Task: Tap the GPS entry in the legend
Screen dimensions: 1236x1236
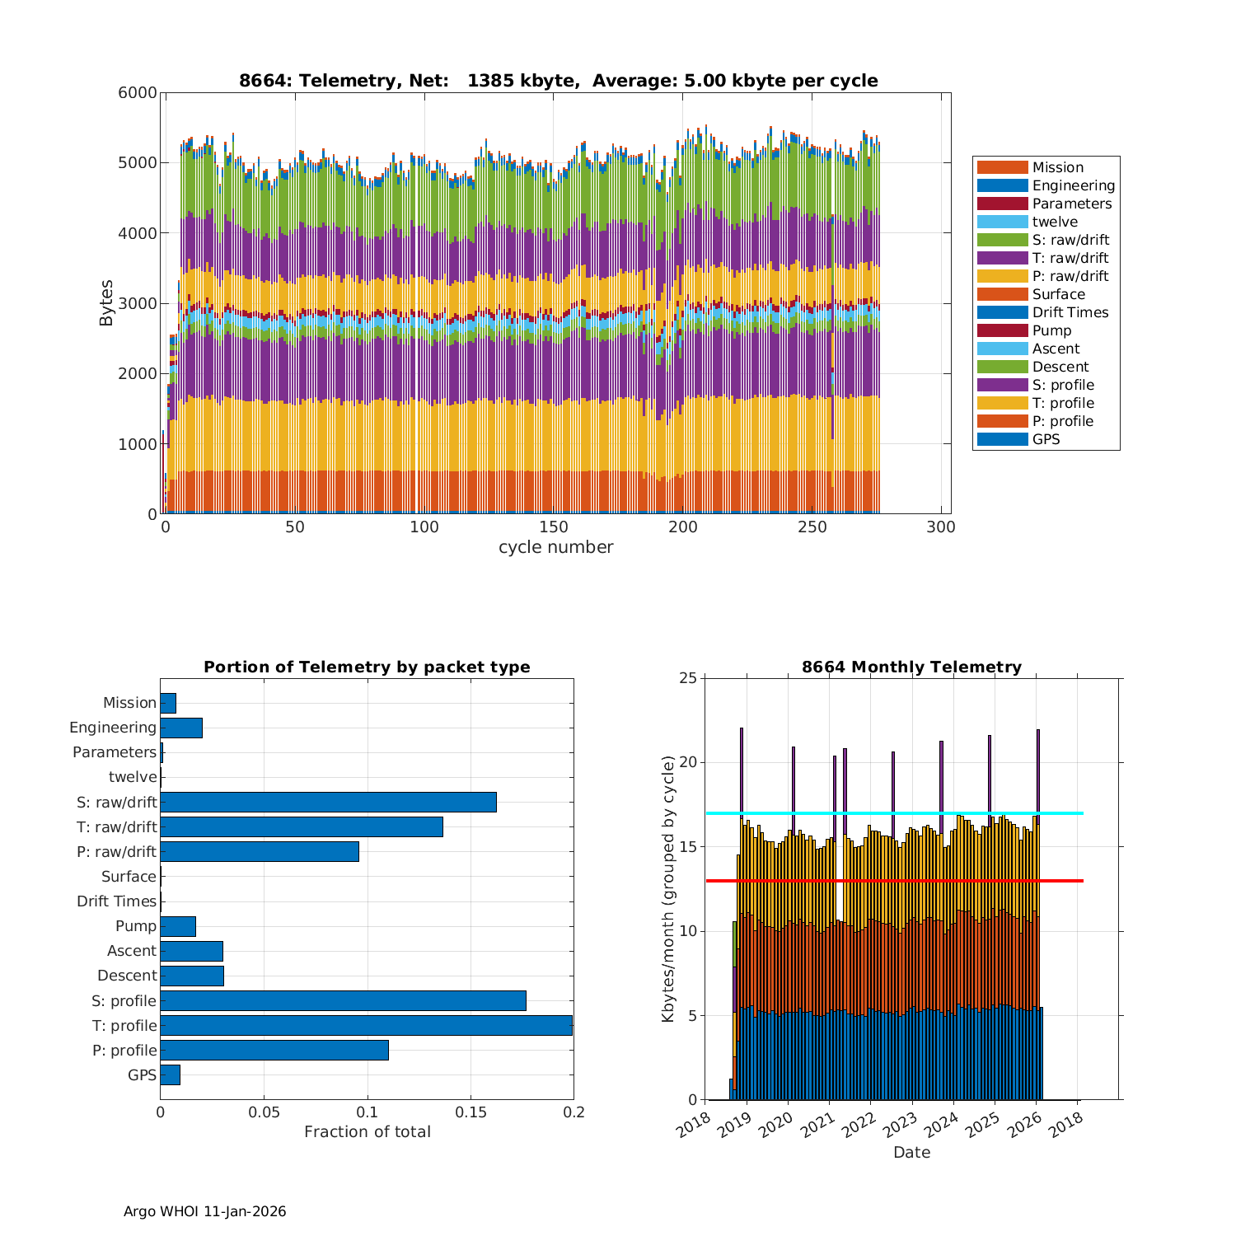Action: tap(1046, 439)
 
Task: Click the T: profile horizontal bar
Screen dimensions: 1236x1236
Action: tap(366, 1025)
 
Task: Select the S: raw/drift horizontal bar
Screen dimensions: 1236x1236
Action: tap(328, 802)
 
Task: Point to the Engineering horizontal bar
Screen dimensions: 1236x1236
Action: tap(181, 728)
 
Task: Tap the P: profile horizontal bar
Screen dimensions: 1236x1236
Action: tap(274, 1050)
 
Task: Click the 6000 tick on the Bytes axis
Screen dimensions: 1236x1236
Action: tap(138, 93)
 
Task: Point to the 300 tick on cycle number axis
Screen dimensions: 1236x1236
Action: tap(942, 527)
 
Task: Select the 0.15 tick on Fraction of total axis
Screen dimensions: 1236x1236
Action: tap(471, 1112)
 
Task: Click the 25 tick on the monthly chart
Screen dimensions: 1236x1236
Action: tap(688, 678)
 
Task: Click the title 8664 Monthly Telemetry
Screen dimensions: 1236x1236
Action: tap(911, 667)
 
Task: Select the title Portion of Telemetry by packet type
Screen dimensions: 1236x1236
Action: tap(367, 667)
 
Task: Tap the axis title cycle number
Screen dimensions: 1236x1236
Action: tap(555, 547)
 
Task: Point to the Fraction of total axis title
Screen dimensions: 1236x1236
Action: tap(367, 1131)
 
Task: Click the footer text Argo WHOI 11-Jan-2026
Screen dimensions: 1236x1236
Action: tap(204, 1211)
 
